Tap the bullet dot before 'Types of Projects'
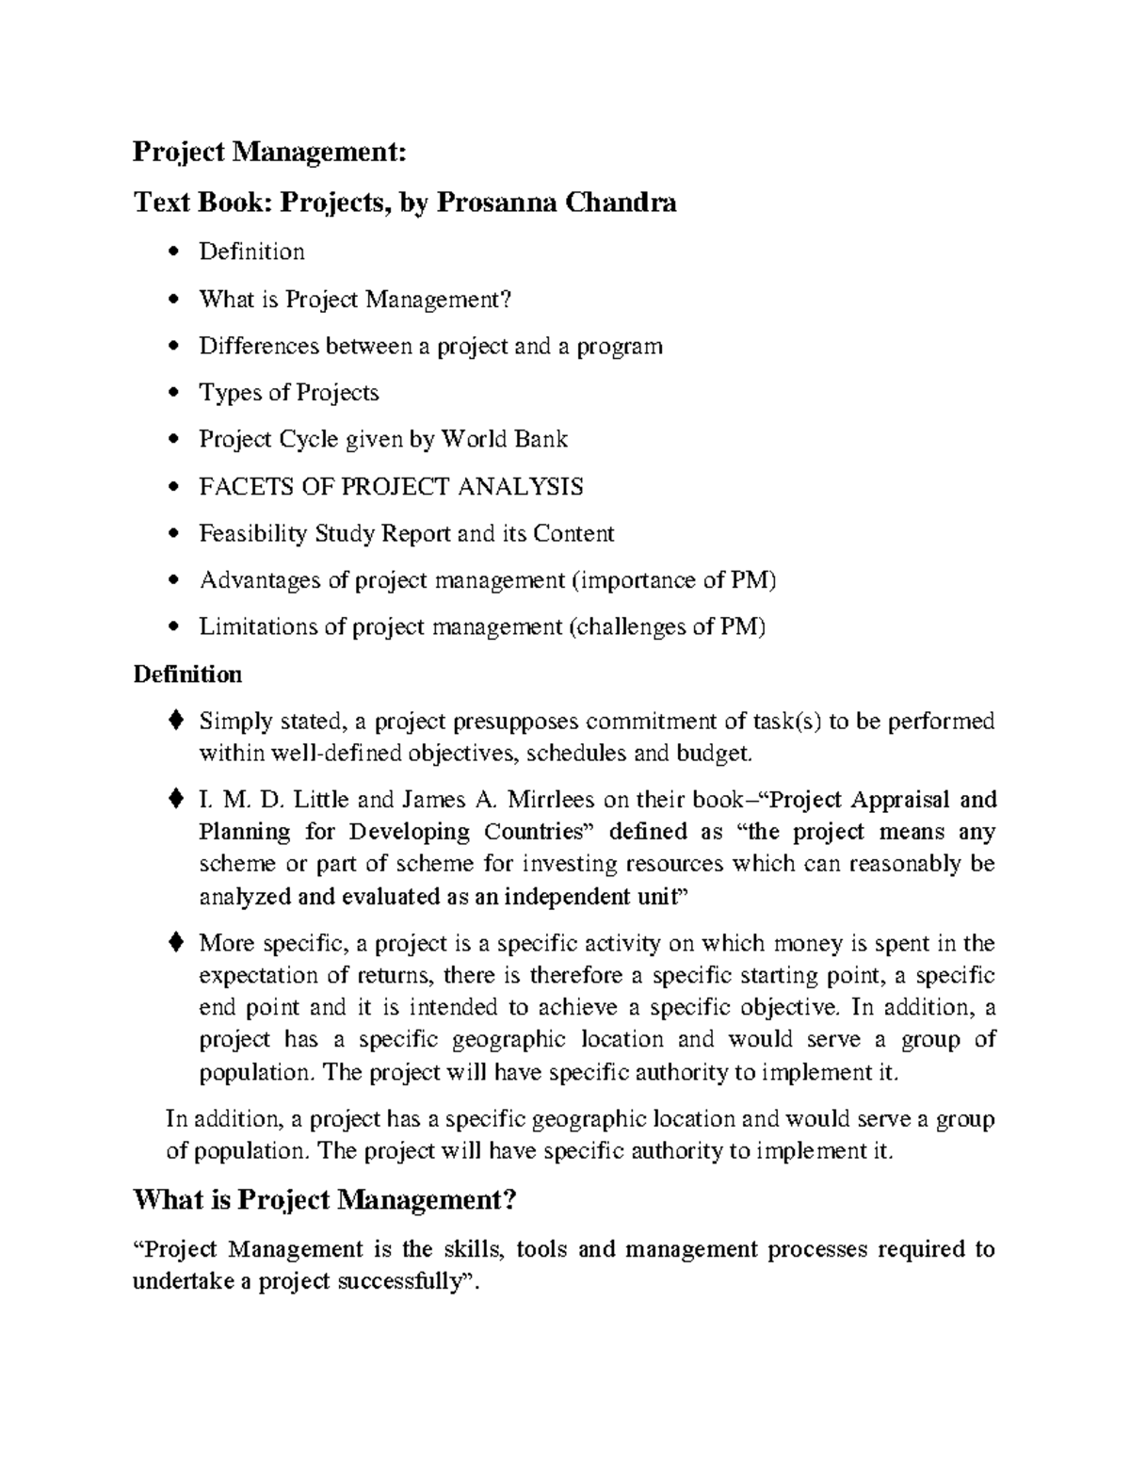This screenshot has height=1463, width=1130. (170, 393)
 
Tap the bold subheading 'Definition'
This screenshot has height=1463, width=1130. (187, 675)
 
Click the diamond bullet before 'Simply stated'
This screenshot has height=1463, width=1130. (174, 721)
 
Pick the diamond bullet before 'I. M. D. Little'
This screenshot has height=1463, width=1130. (174, 799)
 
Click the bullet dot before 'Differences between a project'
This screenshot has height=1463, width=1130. (170, 347)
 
